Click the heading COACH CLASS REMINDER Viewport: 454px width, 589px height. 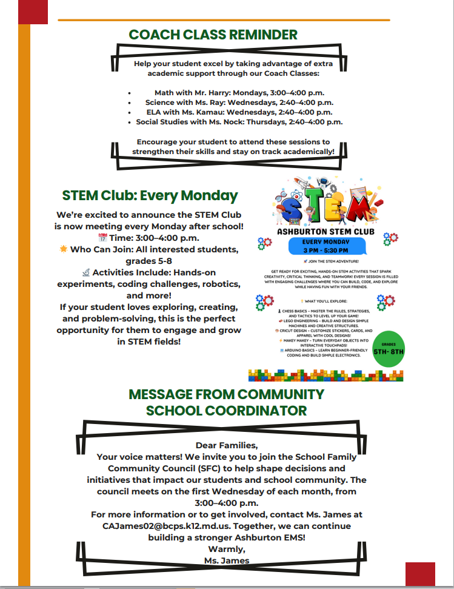tap(213, 35)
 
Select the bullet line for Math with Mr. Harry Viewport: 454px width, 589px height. tap(239, 93)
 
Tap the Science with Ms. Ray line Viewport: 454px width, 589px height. tap(239, 103)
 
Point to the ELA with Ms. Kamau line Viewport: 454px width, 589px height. tap(239, 112)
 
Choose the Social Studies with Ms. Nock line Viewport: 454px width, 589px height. tap(239, 122)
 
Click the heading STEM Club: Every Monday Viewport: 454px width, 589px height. tap(150, 196)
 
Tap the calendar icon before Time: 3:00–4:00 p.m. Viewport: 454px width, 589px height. tap(102, 238)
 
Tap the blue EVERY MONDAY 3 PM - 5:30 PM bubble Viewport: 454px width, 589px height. tap(325, 246)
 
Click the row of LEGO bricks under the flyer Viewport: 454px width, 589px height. tap(325, 375)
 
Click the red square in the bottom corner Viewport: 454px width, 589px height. tap(420, 573)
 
